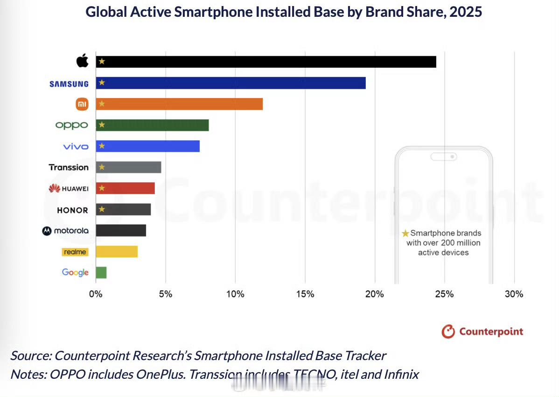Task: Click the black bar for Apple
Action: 266,62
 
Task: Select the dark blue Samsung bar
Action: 231,83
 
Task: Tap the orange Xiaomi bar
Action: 179,104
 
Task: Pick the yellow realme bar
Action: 117,252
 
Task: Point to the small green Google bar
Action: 101,273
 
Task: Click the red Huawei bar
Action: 125,188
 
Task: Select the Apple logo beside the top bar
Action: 82,61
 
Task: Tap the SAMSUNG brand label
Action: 69,84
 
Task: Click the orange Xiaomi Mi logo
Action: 82,105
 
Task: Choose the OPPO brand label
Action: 71,125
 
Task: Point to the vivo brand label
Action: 76,147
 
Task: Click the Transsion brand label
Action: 69,167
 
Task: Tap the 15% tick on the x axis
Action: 305,294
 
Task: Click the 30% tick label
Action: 514,294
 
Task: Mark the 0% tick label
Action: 96,294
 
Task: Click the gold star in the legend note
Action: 405,233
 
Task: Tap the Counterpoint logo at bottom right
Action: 482,332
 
